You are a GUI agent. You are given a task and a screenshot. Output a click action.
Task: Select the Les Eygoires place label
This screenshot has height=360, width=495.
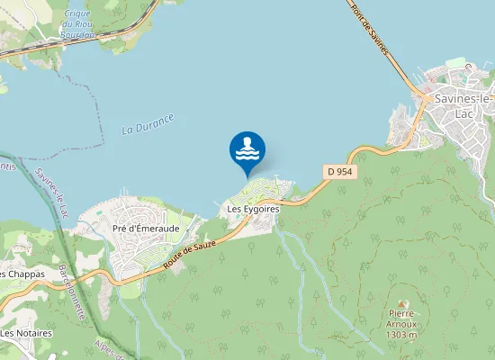254,209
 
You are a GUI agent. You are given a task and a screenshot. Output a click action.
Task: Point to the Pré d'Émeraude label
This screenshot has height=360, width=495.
144,228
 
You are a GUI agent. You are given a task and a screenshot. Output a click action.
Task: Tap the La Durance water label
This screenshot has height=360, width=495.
148,123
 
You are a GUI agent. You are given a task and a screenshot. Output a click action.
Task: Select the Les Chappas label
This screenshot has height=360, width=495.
22,274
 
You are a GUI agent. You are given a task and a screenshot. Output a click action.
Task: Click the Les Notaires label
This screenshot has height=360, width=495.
26,333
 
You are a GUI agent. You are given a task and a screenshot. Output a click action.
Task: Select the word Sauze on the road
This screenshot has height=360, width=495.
210,251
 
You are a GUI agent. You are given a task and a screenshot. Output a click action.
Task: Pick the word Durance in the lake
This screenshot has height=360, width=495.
156,121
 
